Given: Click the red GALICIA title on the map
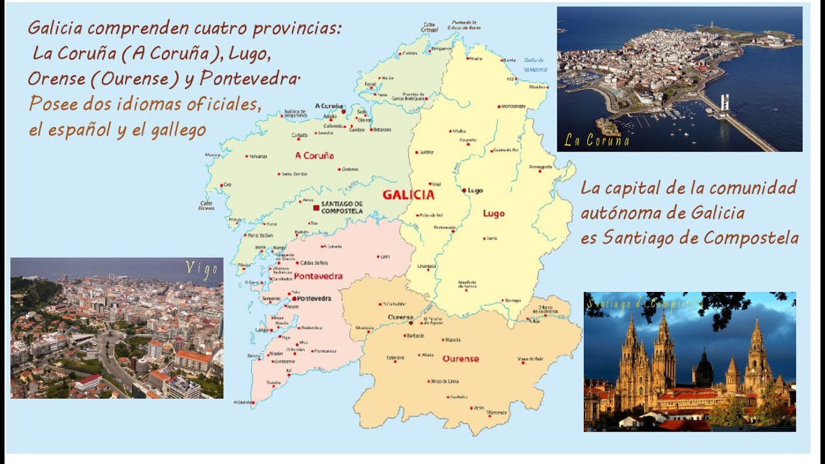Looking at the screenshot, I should (408, 195).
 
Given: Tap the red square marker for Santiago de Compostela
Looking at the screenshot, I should (316, 208).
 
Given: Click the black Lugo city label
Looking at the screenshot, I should (476, 191).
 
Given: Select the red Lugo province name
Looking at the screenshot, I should (494, 213).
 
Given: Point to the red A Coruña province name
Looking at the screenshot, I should (314, 155).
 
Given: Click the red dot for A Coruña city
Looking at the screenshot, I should (344, 111).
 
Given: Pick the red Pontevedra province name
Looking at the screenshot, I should (318, 276).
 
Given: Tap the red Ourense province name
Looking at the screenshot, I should (461, 358).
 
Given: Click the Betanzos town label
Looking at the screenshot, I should (382, 130).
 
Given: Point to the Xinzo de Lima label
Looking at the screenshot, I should (445, 382).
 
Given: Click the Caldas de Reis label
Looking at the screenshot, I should (314, 263).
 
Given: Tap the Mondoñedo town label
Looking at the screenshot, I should (513, 106).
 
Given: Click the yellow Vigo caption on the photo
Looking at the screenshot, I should (202, 269).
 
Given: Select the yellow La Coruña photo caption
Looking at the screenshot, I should (596, 140).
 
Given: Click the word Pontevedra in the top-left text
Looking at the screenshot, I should (250, 79).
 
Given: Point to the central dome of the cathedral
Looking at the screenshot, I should (703, 370).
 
